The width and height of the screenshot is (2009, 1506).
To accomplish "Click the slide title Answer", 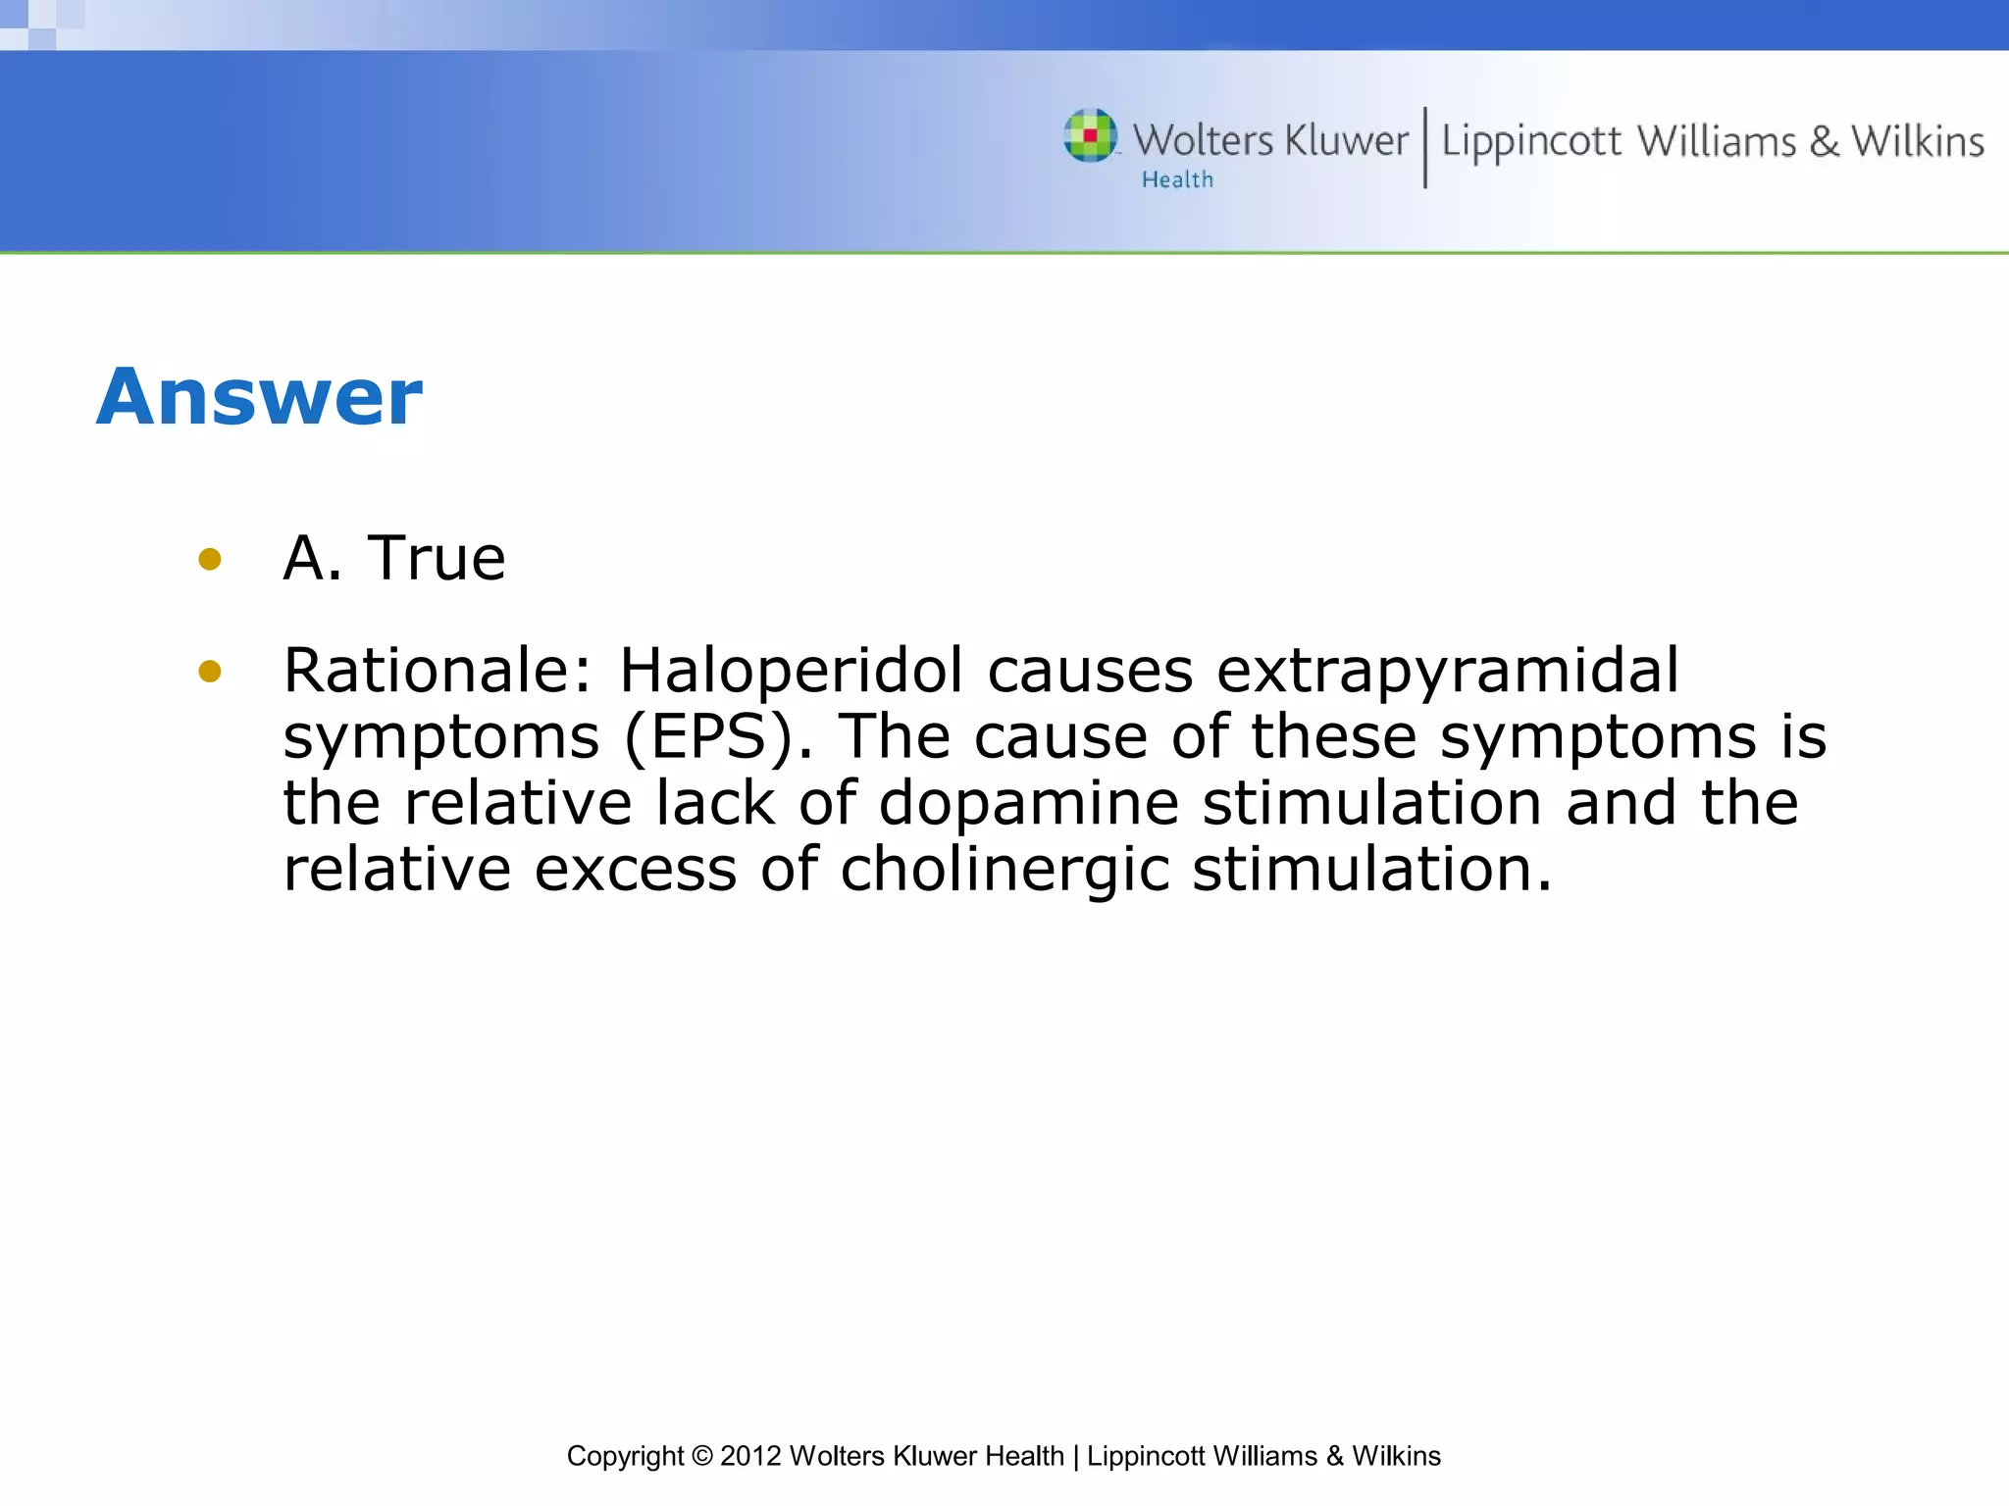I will click(259, 397).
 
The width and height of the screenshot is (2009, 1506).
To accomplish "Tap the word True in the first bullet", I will click(436, 559).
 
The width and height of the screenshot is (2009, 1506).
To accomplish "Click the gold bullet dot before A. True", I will click(209, 560).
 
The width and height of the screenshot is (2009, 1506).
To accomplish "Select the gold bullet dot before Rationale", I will click(209, 672).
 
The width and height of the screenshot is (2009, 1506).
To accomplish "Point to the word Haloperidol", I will click(791, 671).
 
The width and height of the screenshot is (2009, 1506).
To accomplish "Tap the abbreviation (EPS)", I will click(718, 737).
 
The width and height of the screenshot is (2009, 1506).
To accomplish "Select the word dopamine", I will click(1027, 804).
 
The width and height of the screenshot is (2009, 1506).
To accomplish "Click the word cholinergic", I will click(1004, 871).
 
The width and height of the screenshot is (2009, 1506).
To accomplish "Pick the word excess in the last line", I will click(635, 871).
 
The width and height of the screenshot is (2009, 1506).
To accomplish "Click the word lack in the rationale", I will click(715, 803).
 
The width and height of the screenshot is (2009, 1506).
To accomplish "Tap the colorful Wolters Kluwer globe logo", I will click(1090, 135).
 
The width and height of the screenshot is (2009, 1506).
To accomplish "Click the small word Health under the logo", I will click(1177, 180).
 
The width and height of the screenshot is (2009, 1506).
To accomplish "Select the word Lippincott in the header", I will click(1530, 143).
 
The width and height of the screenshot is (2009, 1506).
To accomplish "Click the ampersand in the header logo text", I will click(1824, 141).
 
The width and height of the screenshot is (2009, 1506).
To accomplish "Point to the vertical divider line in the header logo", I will click(1425, 147).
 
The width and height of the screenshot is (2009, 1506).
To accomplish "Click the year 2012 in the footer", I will click(749, 1456).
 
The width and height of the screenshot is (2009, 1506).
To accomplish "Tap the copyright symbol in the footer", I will click(701, 1456).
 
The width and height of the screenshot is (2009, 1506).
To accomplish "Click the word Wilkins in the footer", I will click(1396, 1456).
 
